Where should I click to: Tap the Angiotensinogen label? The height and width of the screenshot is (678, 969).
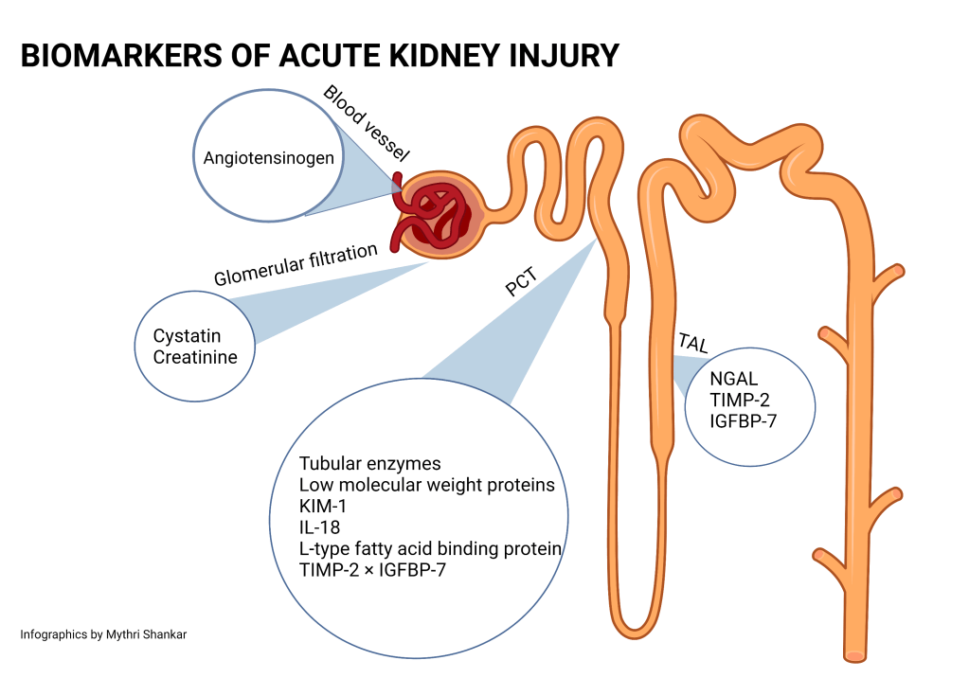coord(269,158)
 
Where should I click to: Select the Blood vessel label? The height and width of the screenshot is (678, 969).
coord(359,124)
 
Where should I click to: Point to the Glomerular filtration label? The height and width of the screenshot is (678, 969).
coord(296,264)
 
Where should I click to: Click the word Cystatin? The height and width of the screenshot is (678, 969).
coord(187,336)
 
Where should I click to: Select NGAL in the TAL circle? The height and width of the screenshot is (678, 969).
coord(733,379)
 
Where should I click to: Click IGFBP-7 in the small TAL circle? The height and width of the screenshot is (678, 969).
coord(744,420)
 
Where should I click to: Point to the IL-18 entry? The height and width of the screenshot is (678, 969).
coord(319,527)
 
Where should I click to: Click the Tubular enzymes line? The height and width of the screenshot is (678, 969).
coord(370,464)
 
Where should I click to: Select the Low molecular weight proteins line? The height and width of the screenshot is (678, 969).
coord(426,486)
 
